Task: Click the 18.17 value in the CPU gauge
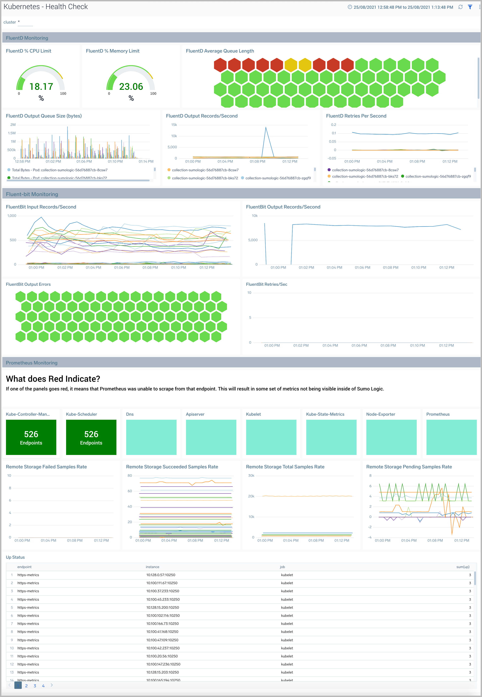click(x=41, y=87)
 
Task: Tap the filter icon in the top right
click(x=470, y=7)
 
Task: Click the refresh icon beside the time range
click(x=460, y=7)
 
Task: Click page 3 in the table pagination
click(x=35, y=686)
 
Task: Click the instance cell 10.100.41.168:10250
click(x=162, y=632)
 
